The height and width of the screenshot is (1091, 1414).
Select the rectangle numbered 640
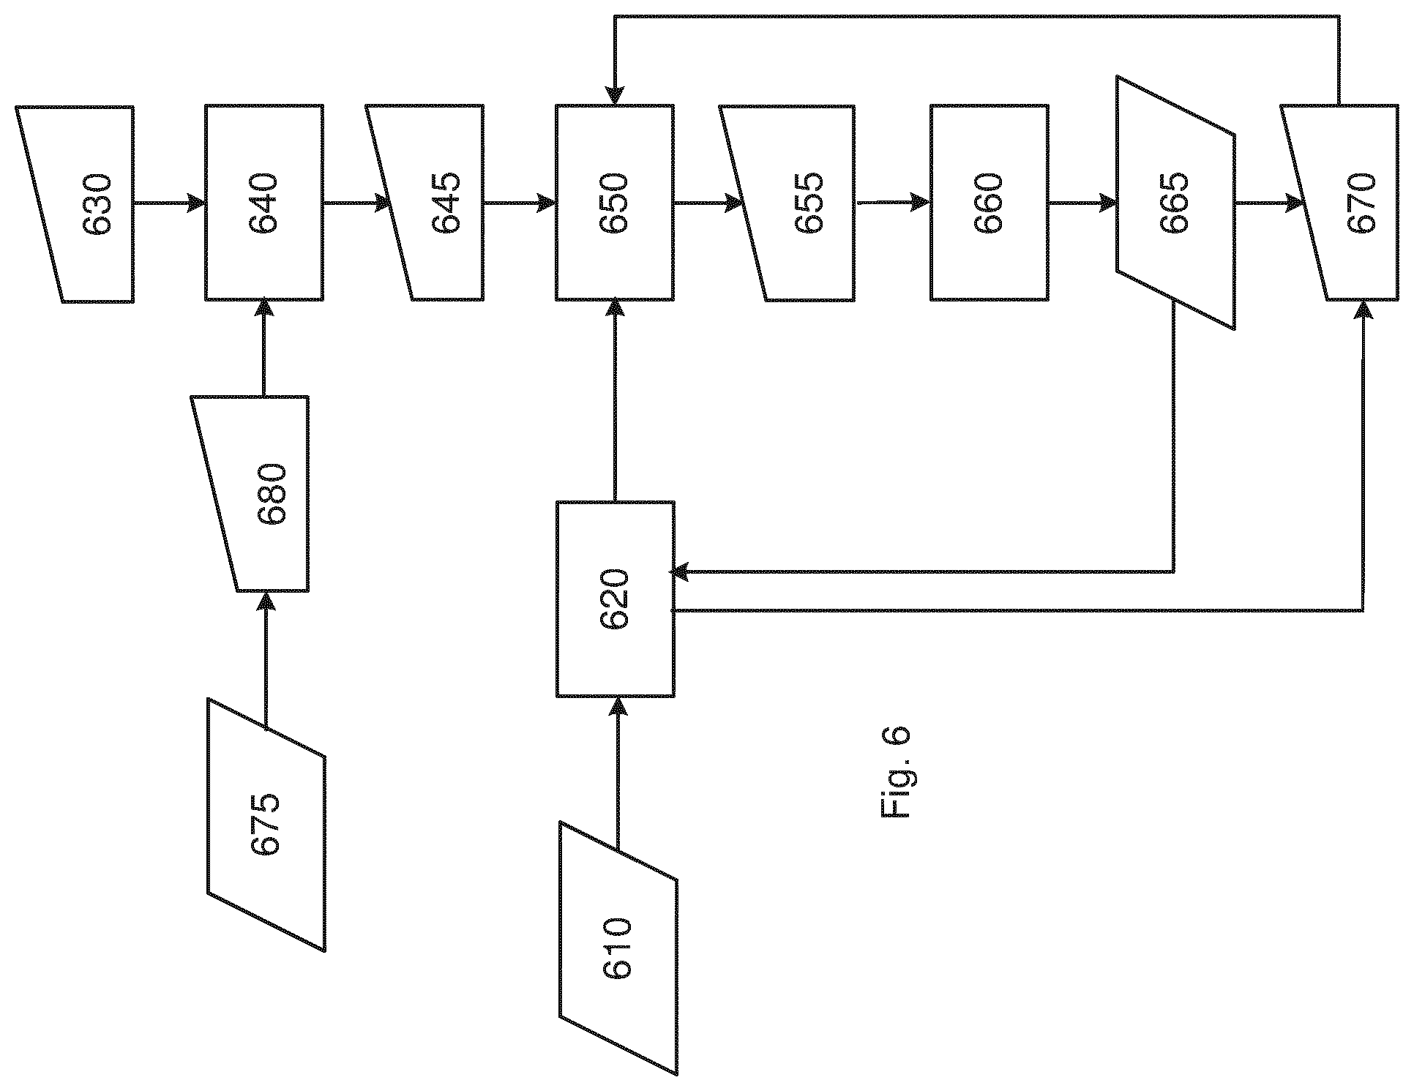click(264, 203)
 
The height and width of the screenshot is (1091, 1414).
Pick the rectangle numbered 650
click(615, 203)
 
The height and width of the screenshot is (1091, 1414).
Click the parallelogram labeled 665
click(1176, 203)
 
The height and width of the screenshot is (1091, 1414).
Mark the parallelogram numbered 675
click(266, 825)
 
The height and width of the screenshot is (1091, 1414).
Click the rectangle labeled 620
click(615, 599)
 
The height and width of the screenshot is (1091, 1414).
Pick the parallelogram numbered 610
click(618, 948)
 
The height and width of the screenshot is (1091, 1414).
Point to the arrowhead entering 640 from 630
click(195, 203)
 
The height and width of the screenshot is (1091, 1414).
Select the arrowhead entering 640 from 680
click(264, 310)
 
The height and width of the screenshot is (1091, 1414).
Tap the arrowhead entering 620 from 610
click(618, 706)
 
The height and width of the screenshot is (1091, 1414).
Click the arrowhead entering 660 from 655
click(921, 203)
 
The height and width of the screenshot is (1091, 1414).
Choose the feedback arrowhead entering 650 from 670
click(615, 96)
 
